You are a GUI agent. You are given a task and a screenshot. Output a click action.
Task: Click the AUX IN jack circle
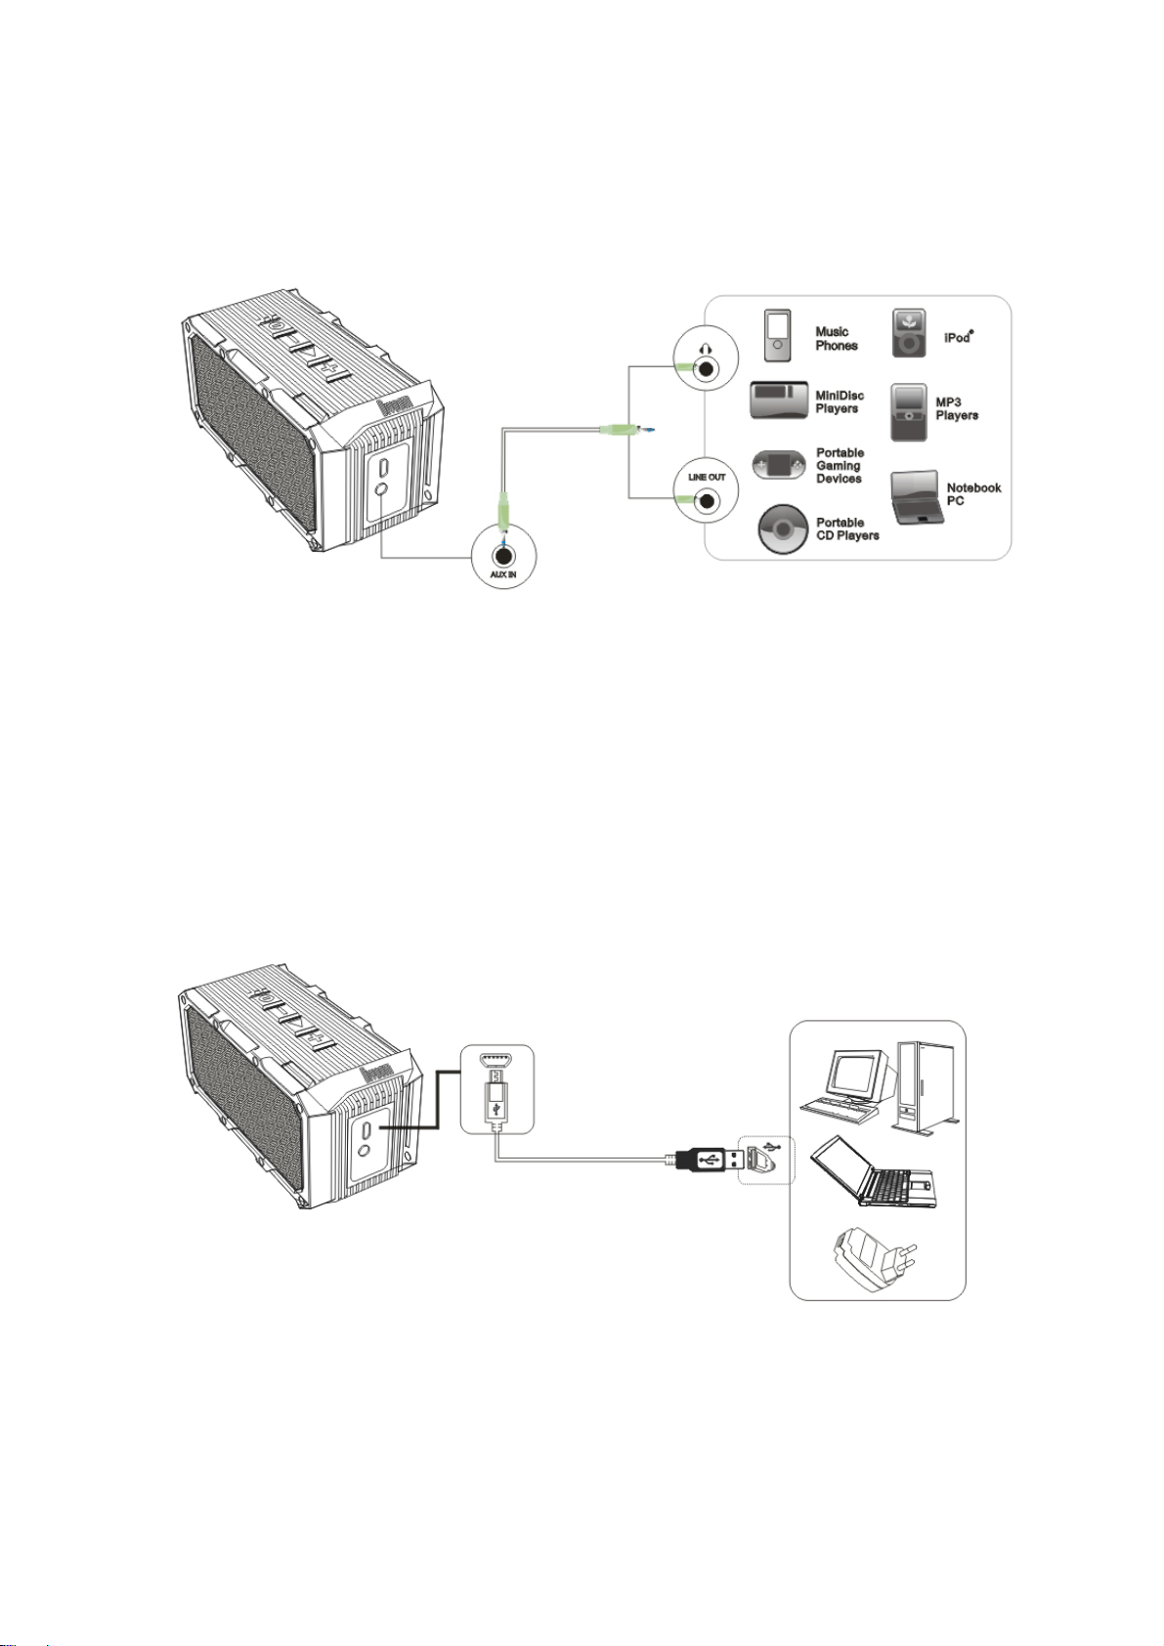coord(503,554)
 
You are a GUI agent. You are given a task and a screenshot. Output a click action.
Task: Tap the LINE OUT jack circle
coord(707,491)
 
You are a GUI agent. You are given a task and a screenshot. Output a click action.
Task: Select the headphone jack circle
coord(706,359)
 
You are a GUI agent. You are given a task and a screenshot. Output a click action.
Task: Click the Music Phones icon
coord(778,335)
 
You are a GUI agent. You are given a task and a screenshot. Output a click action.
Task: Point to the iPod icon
coord(909,333)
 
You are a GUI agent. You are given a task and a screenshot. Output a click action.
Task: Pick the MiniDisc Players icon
coord(779,401)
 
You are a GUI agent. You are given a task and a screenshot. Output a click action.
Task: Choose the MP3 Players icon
coord(909,412)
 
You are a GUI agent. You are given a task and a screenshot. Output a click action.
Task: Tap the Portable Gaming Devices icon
coord(779,465)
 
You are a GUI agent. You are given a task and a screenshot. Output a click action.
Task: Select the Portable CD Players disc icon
coord(783,529)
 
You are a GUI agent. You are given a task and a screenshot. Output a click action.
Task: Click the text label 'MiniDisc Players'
coord(840,401)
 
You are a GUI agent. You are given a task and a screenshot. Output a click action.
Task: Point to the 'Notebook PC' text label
coord(973,493)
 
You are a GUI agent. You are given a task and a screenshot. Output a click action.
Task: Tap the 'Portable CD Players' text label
coord(847,528)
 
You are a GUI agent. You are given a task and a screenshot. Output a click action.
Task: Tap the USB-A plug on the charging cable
coord(705,1160)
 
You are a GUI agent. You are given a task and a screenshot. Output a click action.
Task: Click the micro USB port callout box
coord(496,1088)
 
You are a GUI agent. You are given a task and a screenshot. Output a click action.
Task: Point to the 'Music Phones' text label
coord(837,338)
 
